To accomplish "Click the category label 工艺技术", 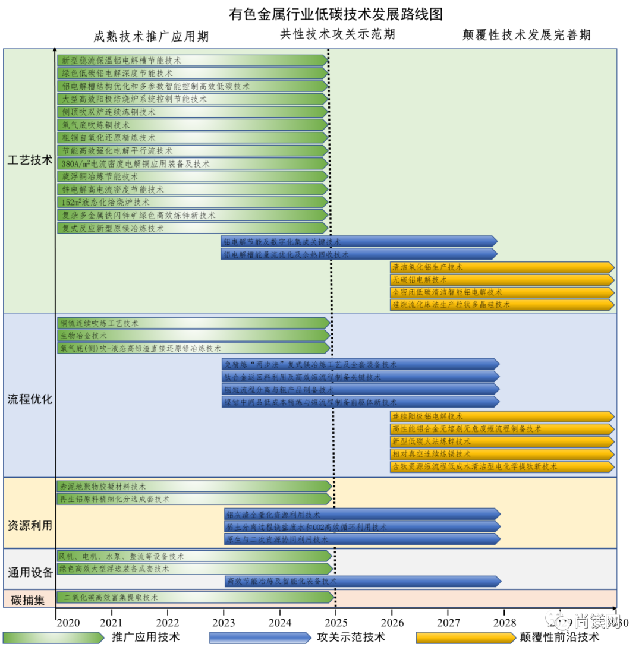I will (30, 161).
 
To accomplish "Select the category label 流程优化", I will (30, 399).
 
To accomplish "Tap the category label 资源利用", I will (30, 526).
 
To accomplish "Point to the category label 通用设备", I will (30, 573).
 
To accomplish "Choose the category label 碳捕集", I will (28, 600).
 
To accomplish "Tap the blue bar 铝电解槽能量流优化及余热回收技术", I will (358, 254).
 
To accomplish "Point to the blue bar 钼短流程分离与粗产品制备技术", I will (360, 390).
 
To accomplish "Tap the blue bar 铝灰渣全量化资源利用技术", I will (362, 515).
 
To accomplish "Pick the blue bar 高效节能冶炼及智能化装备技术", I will (363, 581).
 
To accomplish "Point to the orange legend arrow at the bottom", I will (465, 638).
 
